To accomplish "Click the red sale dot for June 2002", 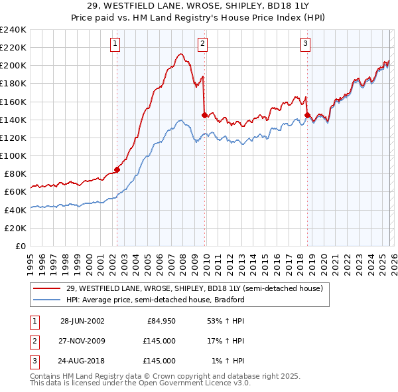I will pyautogui.click(x=117, y=169).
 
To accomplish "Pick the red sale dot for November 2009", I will pyautogui.click(x=204, y=115).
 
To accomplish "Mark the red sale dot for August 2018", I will pyautogui.click(x=307, y=115).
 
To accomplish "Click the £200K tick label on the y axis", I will pyautogui.click(x=14, y=66).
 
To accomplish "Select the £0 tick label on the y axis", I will pyautogui.click(x=21, y=246).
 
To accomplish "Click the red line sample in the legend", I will pyautogui.click(x=48, y=288).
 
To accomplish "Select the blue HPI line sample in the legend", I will pyautogui.click(x=48, y=300).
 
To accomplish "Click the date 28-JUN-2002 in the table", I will pyautogui.click(x=82, y=321).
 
